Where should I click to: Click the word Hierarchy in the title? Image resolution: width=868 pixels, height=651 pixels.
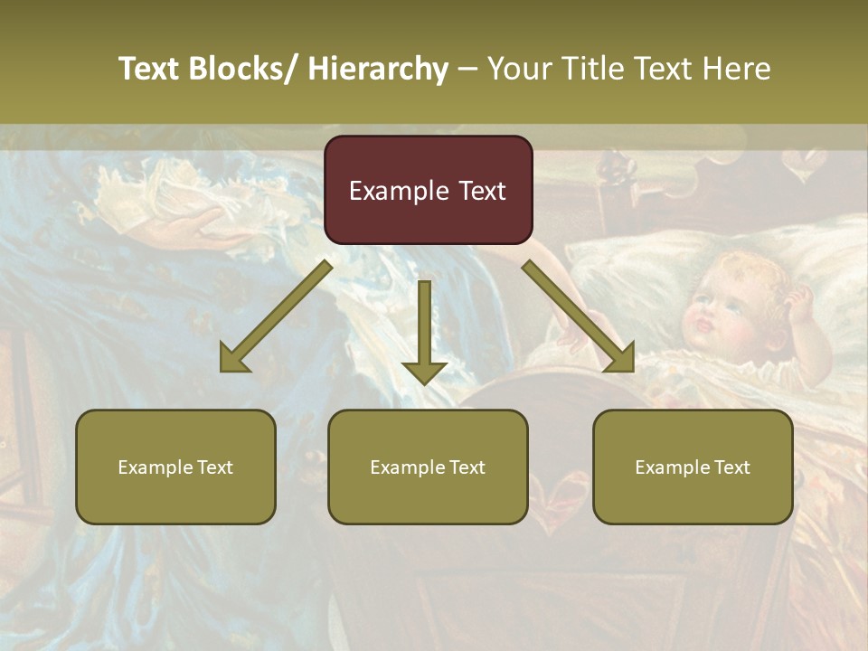coord(378,70)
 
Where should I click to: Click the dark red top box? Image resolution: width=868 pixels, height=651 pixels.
coord(428,190)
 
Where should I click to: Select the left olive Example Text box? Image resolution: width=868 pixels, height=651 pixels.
coord(175,467)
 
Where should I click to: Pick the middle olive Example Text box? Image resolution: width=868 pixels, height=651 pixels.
coord(428,467)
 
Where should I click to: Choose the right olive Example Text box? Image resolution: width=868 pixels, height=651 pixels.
coord(693,467)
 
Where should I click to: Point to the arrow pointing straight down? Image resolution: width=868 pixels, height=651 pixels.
coord(424,335)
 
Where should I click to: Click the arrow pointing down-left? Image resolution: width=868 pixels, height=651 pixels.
coord(271,321)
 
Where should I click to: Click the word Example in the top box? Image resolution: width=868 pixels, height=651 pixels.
coord(386,191)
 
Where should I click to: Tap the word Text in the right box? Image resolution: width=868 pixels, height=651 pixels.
coord(731,467)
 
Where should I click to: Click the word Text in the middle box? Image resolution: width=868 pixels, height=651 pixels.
coord(467,467)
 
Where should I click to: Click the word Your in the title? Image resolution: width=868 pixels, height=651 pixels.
coord(519,70)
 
